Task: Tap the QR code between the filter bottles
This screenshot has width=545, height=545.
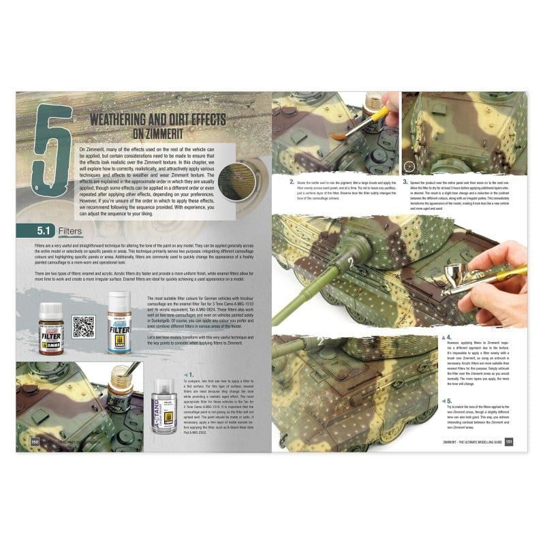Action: [x=83, y=326]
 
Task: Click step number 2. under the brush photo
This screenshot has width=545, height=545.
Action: [x=292, y=183]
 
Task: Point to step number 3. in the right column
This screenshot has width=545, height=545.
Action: [x=405, y=183]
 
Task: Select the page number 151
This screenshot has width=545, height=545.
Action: [x=518, y=442]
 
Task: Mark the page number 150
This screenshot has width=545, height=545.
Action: [x=25, y=442]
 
